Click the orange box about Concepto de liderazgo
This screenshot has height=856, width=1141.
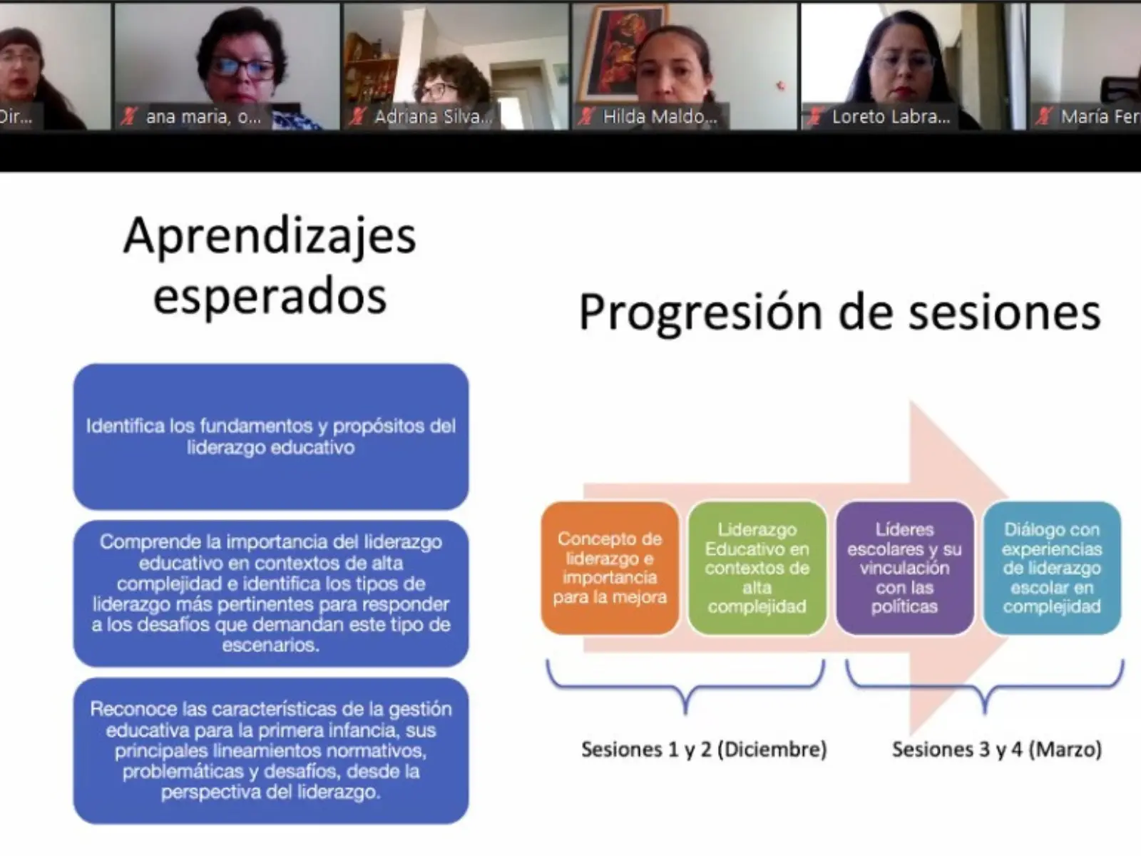tap(610, 569)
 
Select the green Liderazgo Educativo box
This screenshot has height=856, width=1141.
tap(757, 569)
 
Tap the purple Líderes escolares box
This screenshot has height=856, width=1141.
tap(904, 569)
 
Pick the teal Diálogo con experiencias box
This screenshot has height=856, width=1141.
tap(1052, 569)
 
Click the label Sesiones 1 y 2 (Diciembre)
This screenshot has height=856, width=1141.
tap(704, 750)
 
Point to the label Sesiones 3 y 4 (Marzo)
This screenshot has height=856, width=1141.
tap(996, 750)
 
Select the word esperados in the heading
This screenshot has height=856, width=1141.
tap(270, 296)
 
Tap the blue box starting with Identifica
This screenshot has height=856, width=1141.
tap(271, 437)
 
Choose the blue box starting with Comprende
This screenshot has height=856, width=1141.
tap(271, 593)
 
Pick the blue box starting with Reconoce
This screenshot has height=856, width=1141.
tap(271, 750)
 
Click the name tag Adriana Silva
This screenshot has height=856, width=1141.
tap(433, 117)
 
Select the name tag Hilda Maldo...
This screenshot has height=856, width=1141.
tap(659, 117)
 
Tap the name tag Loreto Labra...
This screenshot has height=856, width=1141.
tap(890, 117)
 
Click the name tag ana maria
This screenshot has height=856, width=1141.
tap(203, 117)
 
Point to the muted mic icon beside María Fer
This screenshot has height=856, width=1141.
tap(1045, 116)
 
